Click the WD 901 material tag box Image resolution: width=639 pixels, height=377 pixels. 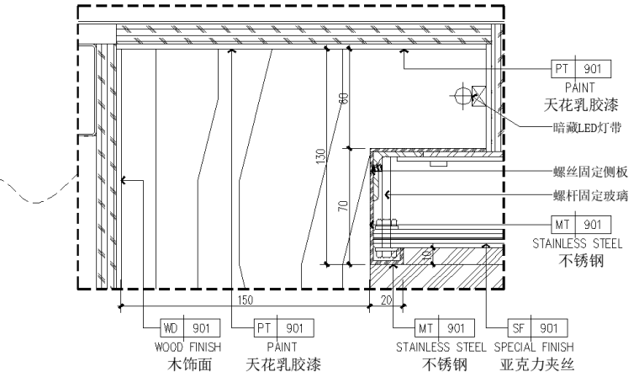pyautogui.click(x=190, y=327)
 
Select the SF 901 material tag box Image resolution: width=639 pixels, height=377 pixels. pyautogui.click(x=537, y=327)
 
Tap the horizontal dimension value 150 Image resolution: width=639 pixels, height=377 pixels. pyautogui.click(x=245, y=300)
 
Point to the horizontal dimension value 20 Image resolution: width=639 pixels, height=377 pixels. pyautogui.click(x=386, y=300)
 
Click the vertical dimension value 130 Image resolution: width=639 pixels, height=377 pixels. pyautogui.click(x=321, y=157)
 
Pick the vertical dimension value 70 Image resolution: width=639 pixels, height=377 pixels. pyautogui.click(x=344, y=205)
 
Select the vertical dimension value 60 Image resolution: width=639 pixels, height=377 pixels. pyautogui.click(x=344, y=98)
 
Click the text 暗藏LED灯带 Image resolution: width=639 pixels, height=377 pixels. pyautogui.click(x=587, y=128)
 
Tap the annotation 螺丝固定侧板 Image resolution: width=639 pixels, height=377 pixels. pyautogui.click(x=590, y=173)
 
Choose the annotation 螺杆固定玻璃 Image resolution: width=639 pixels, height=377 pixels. pyautogui.click(x=590, y=196)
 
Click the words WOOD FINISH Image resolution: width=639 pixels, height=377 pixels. pyautogui.click(x=187, y=348)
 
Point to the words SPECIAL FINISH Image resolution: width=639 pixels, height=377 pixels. pyautogui.click(x=534, y=348)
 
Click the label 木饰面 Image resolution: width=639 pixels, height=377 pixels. pyautogui.click(x=189, y=364)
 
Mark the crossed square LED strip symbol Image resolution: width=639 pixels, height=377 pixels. pyautogui.click(x=479, y=96)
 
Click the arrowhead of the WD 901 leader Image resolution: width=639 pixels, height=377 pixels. pyautogui.click(x=124, y=180)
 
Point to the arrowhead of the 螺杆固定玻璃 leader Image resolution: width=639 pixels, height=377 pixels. pyautogui.click(x=387, y=195)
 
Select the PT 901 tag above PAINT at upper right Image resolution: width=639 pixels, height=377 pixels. pyautogui.click(x=581, y=68)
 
